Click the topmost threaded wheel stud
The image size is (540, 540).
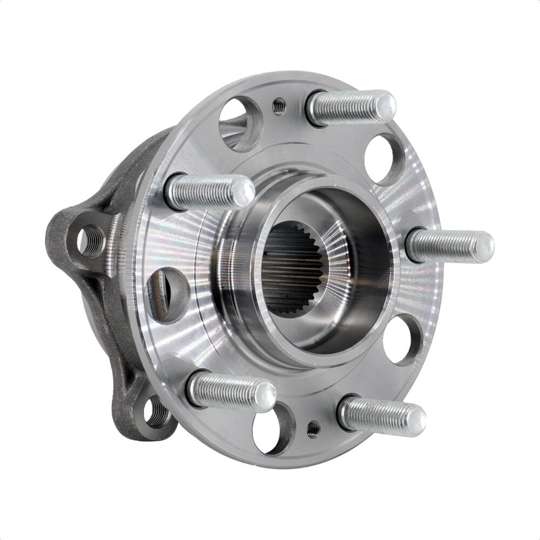click(348, 106)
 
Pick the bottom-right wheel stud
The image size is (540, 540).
click(378, 415)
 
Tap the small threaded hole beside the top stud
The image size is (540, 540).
click(278, 107)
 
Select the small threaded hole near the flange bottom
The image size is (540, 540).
click(312, 429)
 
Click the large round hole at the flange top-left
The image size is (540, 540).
click(238, 122)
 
